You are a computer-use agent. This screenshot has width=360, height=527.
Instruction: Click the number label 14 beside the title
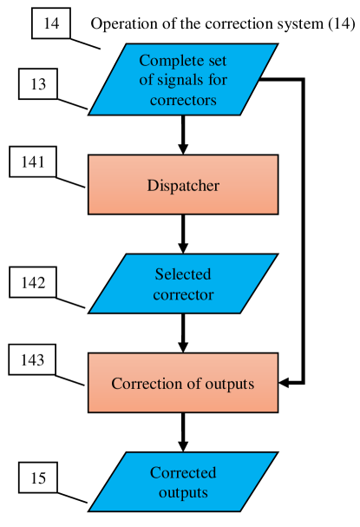(51, 23)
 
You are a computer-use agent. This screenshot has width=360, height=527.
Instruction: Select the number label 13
(37, 85)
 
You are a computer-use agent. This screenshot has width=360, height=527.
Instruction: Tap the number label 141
(33, 161)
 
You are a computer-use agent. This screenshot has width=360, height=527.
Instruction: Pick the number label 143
(33, 359)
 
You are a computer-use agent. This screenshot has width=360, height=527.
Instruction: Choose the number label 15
(37, 477)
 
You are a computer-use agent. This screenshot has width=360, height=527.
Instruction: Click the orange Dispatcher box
(183, 185)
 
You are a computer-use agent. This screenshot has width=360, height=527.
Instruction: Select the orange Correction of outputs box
(183, 383)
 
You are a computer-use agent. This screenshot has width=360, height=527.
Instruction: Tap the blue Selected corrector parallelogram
(183, 284)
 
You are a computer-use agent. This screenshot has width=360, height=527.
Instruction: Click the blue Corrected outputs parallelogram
(183, 482)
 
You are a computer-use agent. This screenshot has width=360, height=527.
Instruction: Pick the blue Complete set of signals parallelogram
(183, 80)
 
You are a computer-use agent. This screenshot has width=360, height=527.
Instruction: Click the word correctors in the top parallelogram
(183, 101)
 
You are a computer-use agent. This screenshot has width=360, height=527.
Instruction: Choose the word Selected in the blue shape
(183, 274)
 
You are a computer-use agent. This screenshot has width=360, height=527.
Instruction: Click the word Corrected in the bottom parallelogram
(183, 473)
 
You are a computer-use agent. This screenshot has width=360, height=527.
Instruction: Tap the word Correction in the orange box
(144, 383)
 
